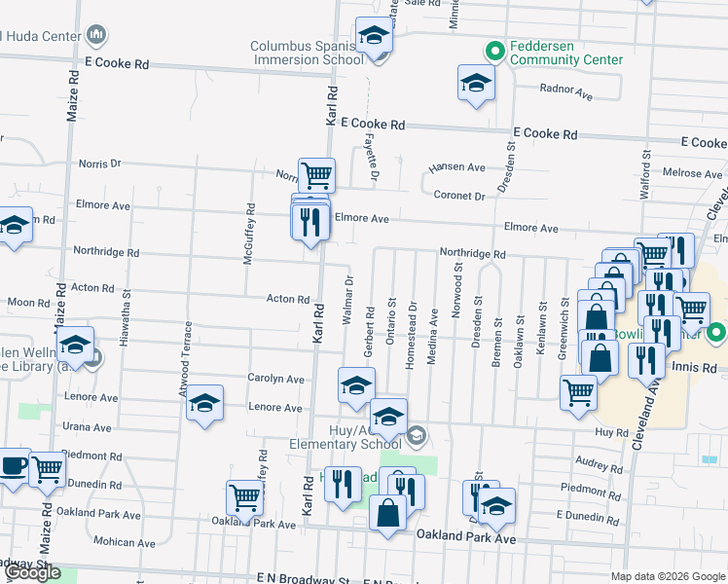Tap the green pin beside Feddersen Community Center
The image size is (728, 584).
point(494,51)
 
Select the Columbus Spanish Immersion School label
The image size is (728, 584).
point(308,53)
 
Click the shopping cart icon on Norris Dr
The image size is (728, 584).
point(316,175)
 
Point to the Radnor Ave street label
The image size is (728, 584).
point(566,93)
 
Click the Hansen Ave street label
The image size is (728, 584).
point(456,167)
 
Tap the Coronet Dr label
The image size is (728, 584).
point(459,196)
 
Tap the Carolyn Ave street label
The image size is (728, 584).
point(275,379)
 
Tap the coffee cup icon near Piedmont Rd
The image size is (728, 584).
point(13,465)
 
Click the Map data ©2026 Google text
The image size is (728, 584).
point(668,576)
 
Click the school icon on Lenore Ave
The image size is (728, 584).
point(204,404)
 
